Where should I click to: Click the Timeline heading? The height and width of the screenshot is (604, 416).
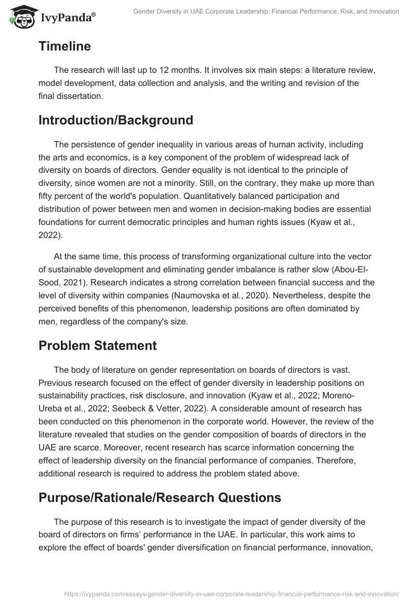64,46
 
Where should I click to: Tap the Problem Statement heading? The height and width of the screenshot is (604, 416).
97,346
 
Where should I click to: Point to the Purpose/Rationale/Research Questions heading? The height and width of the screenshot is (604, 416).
160,497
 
